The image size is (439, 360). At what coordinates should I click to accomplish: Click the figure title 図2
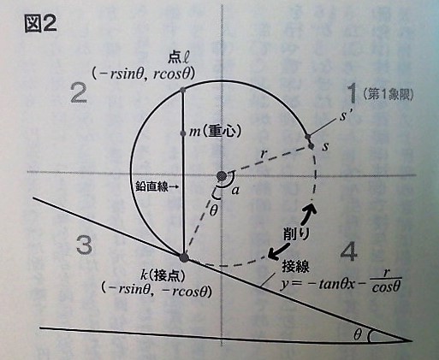pos(40,25)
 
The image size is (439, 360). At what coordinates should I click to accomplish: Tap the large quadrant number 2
pos(79,94)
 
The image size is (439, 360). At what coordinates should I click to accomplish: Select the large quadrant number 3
pos(85,245)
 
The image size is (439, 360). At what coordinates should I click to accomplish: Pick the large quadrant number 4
pos(349,251)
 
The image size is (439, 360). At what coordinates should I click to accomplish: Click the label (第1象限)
pos(389,95)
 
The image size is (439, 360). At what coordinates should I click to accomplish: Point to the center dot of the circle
pos(222,176)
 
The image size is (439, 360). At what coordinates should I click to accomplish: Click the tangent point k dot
pos(184,257)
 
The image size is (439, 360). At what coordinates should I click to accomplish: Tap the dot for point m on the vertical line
pos(183,133)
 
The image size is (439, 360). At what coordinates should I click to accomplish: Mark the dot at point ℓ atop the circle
pos(183,90)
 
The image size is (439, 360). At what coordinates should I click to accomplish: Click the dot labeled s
pos(311,146)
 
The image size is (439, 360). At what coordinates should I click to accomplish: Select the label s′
pos(345,116)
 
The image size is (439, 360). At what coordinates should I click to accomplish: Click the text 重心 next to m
pos(221,132)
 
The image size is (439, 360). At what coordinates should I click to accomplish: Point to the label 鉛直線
pos(151,187)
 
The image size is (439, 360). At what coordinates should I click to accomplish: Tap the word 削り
pos(295,235)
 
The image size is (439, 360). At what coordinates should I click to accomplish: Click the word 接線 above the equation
pos(296,267)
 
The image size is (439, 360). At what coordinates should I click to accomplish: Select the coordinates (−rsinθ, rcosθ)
pos(144,74)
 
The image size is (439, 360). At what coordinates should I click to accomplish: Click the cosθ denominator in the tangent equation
pos(386,287)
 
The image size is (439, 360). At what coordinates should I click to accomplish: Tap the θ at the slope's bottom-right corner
pos(357,335)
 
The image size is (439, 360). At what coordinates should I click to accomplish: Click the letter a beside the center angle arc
pos(235,191)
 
